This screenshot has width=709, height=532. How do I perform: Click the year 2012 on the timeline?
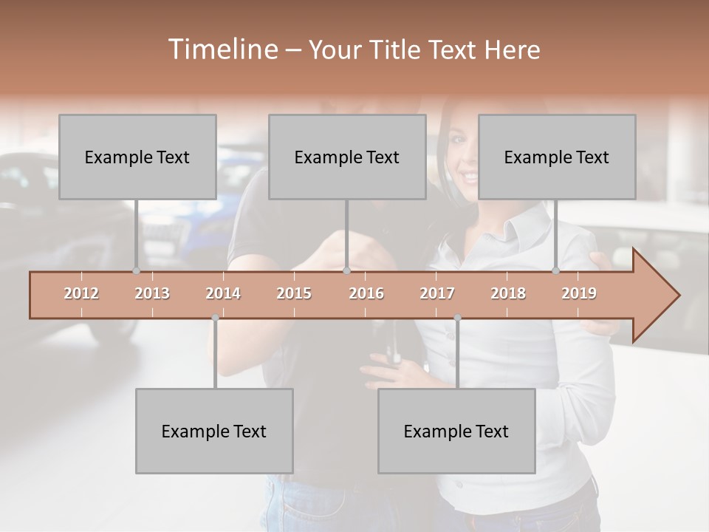point(81,294)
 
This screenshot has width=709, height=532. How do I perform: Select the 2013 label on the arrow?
point(152,294)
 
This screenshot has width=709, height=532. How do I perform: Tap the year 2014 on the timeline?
point(223,294)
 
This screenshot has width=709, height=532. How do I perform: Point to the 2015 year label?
point(294,294)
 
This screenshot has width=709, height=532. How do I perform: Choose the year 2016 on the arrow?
point(366,294)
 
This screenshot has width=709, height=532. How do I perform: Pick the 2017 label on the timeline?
point(437,294)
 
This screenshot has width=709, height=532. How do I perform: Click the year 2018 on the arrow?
point(508,294)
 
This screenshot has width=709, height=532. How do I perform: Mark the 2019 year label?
point(579,294)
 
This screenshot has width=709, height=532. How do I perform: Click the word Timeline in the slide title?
point(221,50)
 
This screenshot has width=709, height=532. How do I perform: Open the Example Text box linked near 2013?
point(137,157)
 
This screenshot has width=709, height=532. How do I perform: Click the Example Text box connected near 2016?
point(347,157)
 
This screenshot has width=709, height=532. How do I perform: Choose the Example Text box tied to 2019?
point(557,157)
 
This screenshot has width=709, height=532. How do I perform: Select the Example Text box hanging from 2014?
point(214,431)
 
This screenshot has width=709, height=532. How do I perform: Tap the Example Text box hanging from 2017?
point(456,431)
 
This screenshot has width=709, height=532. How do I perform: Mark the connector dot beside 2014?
point(215,318)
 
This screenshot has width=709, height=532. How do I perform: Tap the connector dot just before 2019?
point(556,270)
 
